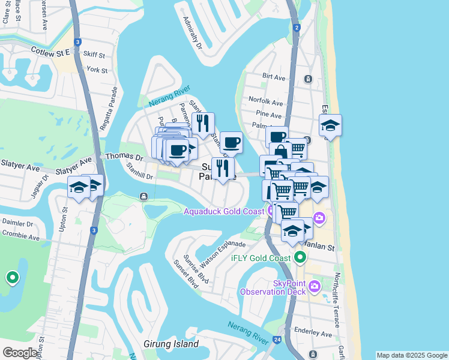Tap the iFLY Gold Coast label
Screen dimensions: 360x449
pyautogui.click(x=261, y=259)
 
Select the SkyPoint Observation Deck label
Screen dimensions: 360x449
pyautogui.click(x=273, y=287)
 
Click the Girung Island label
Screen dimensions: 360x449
pyautogui.click(x=171, y=344)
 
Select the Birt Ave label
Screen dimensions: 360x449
pyautogui.click(x=274, y=77)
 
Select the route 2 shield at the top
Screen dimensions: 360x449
pyautogui.click(x=297, y=28)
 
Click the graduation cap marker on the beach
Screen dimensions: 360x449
pyautogui.click(x=330, y=125)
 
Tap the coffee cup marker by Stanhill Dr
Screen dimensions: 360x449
pyautogui.click(x=231, y=143)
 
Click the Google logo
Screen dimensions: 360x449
pyautogui.click(x=20, y=353)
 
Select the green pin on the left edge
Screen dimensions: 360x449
pyautogui.click(x=12, y=278)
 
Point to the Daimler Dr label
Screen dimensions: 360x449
pyautogui.click(x=16, y=222)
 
